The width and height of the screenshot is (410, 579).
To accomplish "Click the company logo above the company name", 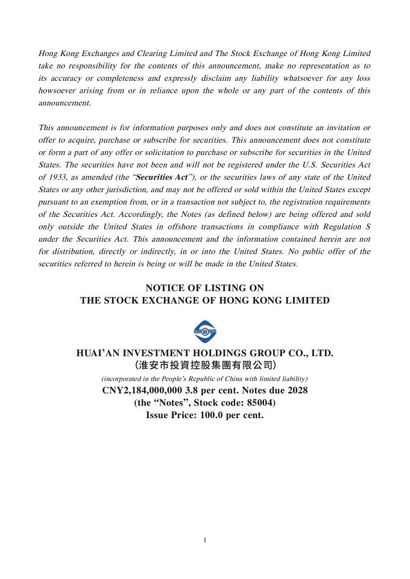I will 205,331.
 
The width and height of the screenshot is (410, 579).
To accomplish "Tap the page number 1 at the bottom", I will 205,540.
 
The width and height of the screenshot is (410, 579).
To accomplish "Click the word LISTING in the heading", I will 227,288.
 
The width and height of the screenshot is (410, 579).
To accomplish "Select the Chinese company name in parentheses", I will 205,365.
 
